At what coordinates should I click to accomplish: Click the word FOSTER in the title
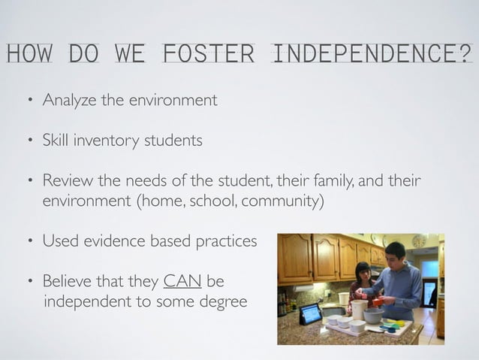point(207,53)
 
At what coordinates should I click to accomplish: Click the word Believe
point(68,282)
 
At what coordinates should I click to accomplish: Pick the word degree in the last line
point(224,302)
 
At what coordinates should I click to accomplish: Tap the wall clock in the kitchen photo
point(419,241)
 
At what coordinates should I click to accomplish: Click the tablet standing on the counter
point(310,313)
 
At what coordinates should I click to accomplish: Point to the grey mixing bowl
point(373,315)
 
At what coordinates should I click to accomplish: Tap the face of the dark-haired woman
point(363,273)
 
